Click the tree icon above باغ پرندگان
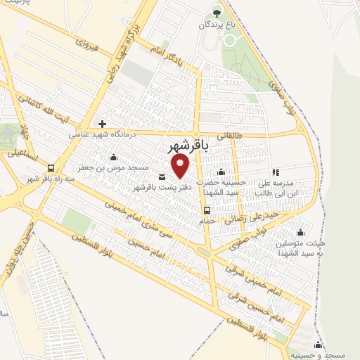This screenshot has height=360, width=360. click(217, 12)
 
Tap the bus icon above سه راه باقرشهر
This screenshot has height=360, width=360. click(51, 168)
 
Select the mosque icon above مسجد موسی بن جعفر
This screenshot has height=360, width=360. click(114, 157)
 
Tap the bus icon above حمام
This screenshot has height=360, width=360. click(206, 210)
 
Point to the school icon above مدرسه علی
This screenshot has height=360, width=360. click(276, 172)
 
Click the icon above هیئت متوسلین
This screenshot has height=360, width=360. click(302, 233)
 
